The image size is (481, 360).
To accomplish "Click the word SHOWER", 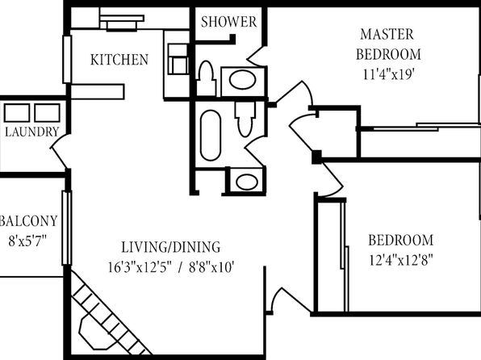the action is [x=229, y=22].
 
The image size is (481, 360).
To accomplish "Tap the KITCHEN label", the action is [x=119, y=60].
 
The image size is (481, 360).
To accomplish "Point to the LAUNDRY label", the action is [x=32, y=132].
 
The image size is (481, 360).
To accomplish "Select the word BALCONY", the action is [x=29, y=221].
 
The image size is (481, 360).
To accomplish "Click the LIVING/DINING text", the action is [x=171, y=247].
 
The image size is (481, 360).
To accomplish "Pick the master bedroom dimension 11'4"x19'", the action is [x=389, y=74].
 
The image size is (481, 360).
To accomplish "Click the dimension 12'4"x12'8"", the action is [x=400, y=261].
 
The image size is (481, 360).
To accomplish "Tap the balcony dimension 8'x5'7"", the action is [x=27, y=241].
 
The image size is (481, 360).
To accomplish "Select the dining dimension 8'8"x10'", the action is [x=211, y=267].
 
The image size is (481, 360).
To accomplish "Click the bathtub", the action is [x=211, y=136].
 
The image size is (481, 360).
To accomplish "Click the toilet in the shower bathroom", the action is [x=206, y=78].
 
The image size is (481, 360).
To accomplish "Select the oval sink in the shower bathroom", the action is [x=242, y=81].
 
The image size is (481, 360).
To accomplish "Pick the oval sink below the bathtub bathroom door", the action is [x=247, y=182].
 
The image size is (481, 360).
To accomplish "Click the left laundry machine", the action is [x=17, y=113].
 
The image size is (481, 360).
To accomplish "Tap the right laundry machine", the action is [x=47, y=113].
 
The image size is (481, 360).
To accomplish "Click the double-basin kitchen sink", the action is [x=178, y=59].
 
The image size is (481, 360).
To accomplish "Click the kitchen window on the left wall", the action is [x=67, y=59].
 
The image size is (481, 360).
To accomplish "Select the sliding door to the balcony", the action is [x=67, y=228].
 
